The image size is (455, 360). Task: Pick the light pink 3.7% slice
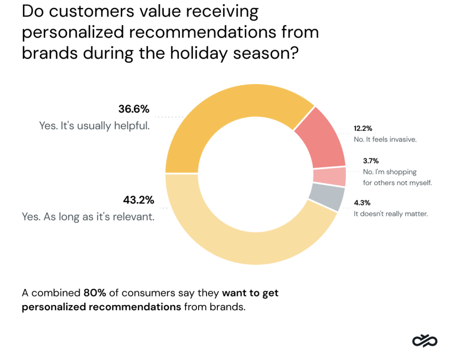coord(330,177)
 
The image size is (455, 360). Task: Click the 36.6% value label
coord(134,109)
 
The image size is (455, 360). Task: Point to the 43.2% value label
coord(139,200)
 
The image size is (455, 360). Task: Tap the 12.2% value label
coord(363,129)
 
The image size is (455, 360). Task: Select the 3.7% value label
coord(371,161)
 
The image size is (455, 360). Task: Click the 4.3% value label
coord(362,203)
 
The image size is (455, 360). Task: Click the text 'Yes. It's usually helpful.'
coord(95,126)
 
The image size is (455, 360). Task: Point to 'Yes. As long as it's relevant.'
coord(88,217)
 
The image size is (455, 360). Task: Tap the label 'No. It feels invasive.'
coord(385,140)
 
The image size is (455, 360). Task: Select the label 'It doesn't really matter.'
coord(391,214)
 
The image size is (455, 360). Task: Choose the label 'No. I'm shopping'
coord(390,172)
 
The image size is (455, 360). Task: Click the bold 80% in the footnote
coord(95,293)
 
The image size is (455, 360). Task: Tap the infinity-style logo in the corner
coord(425,341)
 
